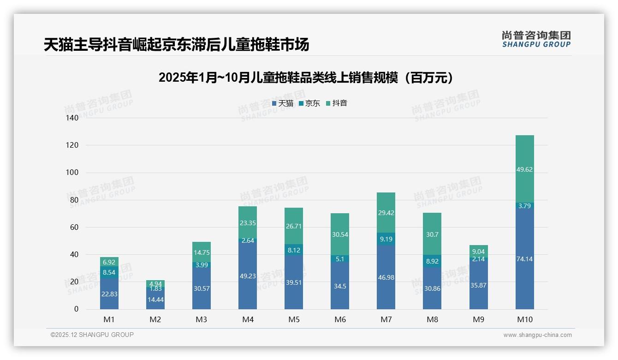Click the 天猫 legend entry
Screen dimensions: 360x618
click(283, 103)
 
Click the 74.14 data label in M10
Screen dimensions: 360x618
click(524, 259)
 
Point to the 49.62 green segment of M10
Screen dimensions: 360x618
click(524, 169)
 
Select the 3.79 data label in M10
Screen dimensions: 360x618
click(524, 206)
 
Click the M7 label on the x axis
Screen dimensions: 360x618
click(386, 319)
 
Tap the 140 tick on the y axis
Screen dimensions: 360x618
click(72, 118)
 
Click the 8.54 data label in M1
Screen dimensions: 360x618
click(109, 273)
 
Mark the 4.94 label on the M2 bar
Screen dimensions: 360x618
click(155, 283)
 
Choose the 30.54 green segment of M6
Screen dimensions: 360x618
click(340, 234)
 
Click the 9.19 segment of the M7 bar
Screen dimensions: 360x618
click(386, 240)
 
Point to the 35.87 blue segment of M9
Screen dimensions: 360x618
click(478, 285)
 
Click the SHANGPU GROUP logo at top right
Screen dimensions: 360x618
click(536, 39)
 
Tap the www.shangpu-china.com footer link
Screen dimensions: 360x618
click(537, 335)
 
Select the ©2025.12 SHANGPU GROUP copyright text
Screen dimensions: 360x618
click(92, 335)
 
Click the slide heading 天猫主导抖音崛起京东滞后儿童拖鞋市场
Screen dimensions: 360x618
click(176, 45)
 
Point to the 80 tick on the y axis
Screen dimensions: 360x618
click(74, 200)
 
